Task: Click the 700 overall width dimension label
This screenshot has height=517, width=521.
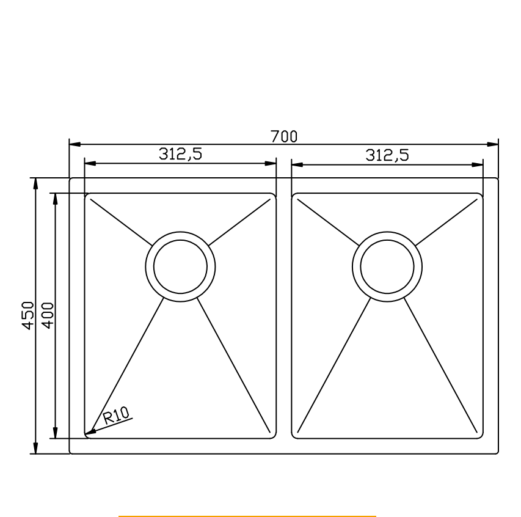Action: (284, 136)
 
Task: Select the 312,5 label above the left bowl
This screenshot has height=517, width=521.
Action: (181, 155)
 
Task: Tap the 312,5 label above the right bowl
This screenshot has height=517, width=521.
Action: (387, 155)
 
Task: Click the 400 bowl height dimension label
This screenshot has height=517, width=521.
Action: (48, 316)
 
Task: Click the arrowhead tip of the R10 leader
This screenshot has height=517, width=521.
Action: (86, 435)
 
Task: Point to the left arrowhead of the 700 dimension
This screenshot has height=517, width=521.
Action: (71, 145)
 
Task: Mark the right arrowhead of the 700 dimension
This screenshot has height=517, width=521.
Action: (497, 145)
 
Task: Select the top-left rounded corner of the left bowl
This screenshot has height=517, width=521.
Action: (86, 196)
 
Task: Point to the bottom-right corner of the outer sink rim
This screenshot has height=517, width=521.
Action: (497, 452)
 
